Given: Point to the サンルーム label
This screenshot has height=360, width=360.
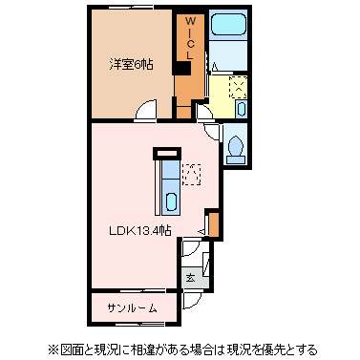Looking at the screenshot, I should [131, 307].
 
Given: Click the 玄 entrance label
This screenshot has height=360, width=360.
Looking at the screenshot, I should [190, 278].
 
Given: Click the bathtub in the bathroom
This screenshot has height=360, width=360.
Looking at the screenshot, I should [227, 38].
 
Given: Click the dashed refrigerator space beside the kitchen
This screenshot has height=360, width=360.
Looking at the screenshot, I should [192, 175].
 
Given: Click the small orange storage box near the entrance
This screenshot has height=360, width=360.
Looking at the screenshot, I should [215, 225].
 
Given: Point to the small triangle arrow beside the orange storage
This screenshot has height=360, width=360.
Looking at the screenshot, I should [201, 231].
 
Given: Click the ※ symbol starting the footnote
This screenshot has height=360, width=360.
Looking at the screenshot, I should [53, 349].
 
